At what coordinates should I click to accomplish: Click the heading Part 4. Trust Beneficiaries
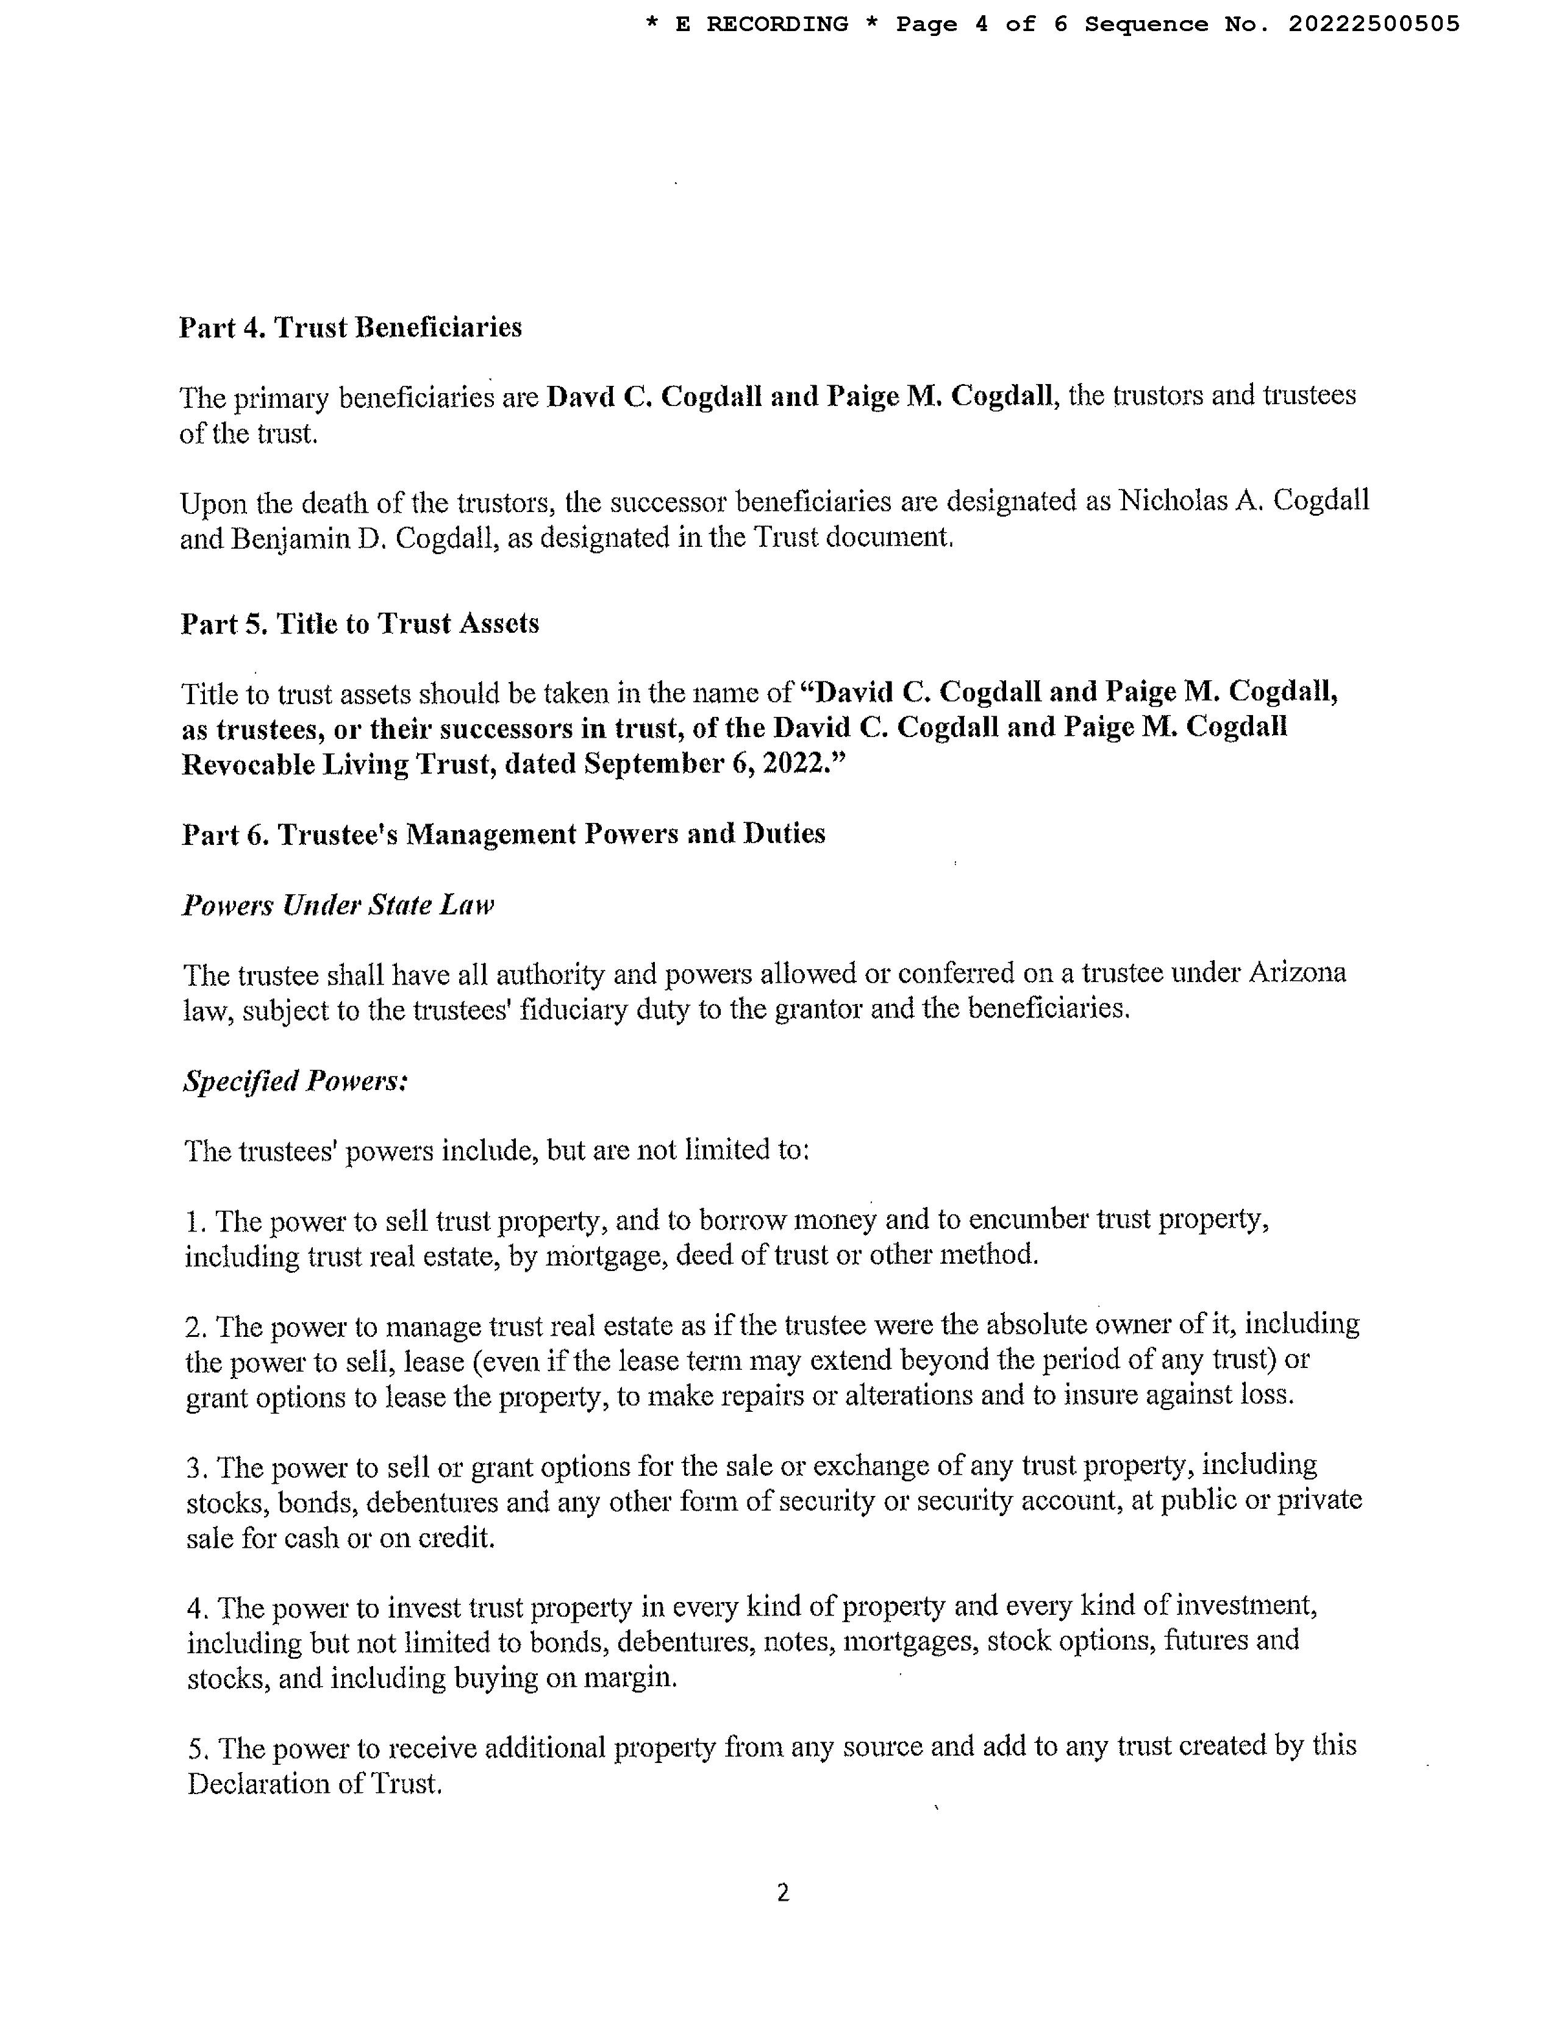351,328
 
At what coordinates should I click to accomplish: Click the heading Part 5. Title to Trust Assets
360,624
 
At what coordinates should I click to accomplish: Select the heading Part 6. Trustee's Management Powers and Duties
503,834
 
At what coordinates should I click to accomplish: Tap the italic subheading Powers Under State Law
338,905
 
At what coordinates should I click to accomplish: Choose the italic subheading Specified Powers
296,1081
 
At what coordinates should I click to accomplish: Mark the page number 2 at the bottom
782,1893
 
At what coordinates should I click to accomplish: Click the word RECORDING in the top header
777,24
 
